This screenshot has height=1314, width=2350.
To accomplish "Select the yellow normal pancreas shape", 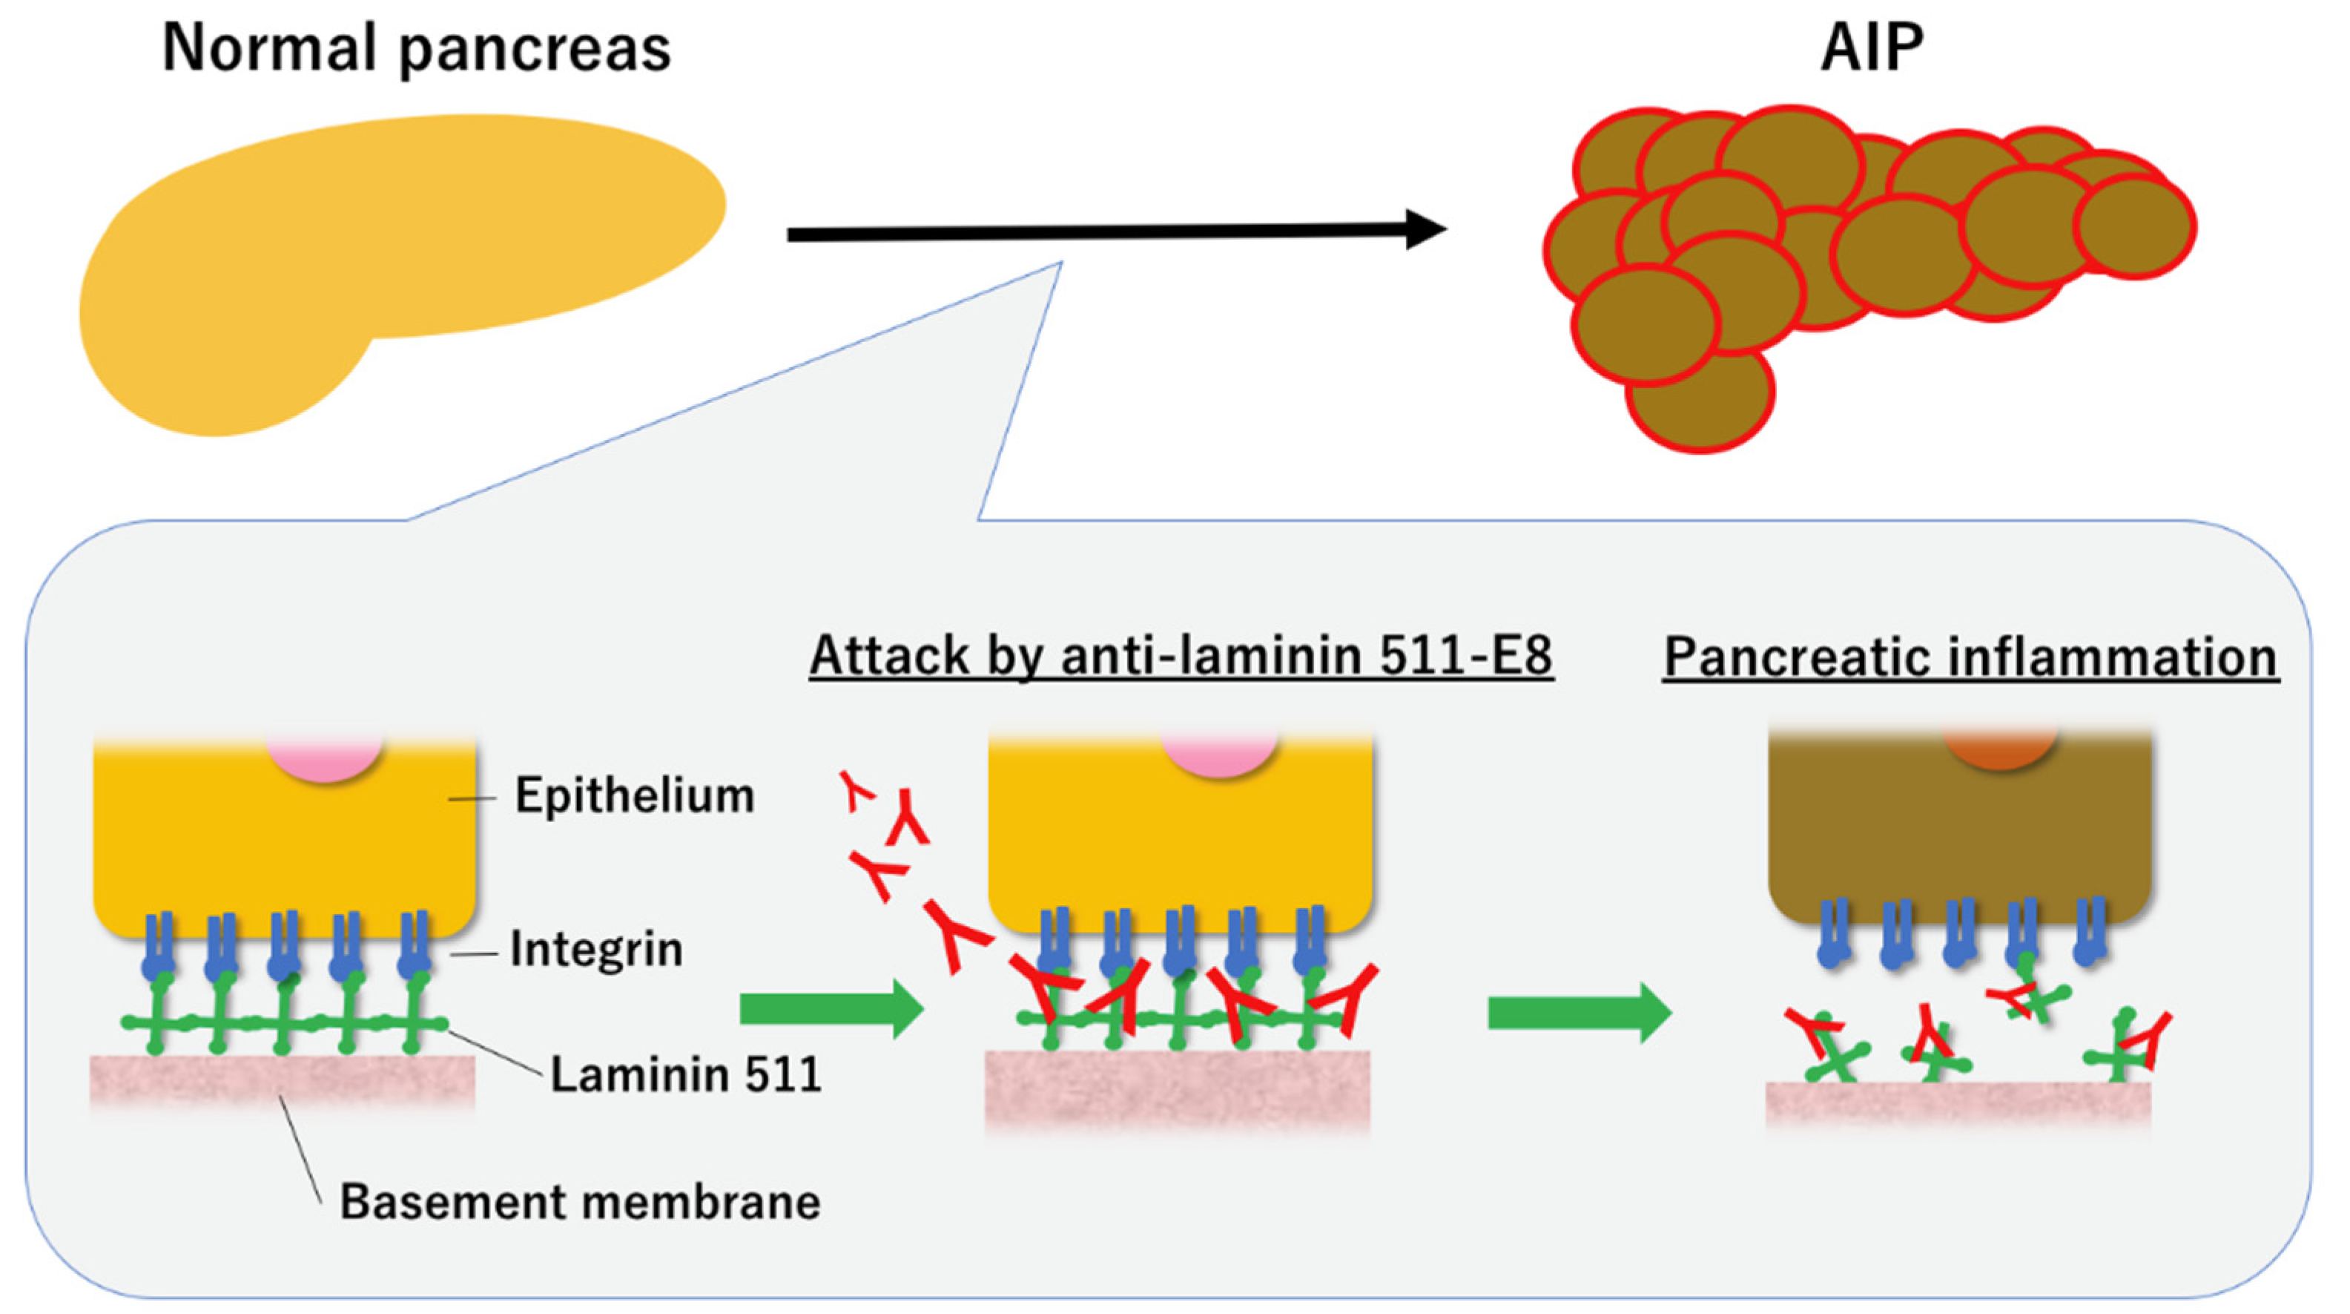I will coord(365,246).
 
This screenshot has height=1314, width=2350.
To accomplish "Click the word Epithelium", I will coord(635,795).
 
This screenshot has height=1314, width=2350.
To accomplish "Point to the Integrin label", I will coord(595,949).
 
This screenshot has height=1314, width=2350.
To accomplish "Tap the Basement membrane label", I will coord(580,1202).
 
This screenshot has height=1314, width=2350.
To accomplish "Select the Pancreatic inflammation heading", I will coord(1970,657).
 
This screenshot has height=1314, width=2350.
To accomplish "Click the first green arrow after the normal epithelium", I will coord(830,1009).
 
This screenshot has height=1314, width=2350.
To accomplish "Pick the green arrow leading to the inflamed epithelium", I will coord(1578,1013).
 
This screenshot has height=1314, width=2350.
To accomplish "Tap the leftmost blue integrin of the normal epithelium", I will coord(157,949).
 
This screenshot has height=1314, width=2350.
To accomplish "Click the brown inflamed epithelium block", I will coord(1959,830).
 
